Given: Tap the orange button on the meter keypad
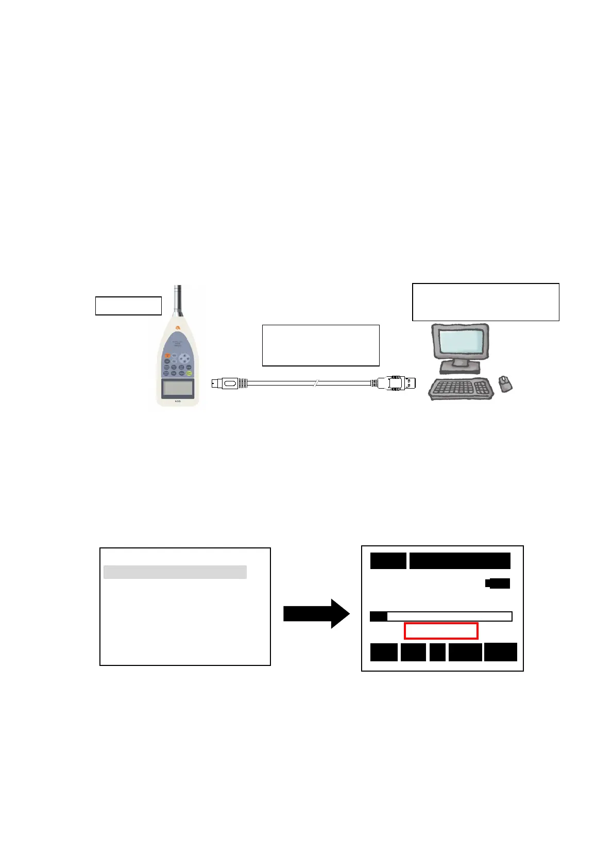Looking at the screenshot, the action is tap(167, 355).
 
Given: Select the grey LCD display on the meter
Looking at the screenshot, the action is tap(178, 387).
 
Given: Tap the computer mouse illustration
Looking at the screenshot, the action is tap(506, 383).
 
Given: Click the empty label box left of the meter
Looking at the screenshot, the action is tap(128, 306).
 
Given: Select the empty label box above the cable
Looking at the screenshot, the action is tap(320, 345).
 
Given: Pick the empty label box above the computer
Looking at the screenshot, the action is tap(485, 302).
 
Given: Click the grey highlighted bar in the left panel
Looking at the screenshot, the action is tap(175, 572).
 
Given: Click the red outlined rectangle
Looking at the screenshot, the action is tap(441, 631).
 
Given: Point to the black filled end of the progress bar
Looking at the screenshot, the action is tap(379, 616).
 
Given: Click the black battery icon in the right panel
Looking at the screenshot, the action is tap(498, 583).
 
